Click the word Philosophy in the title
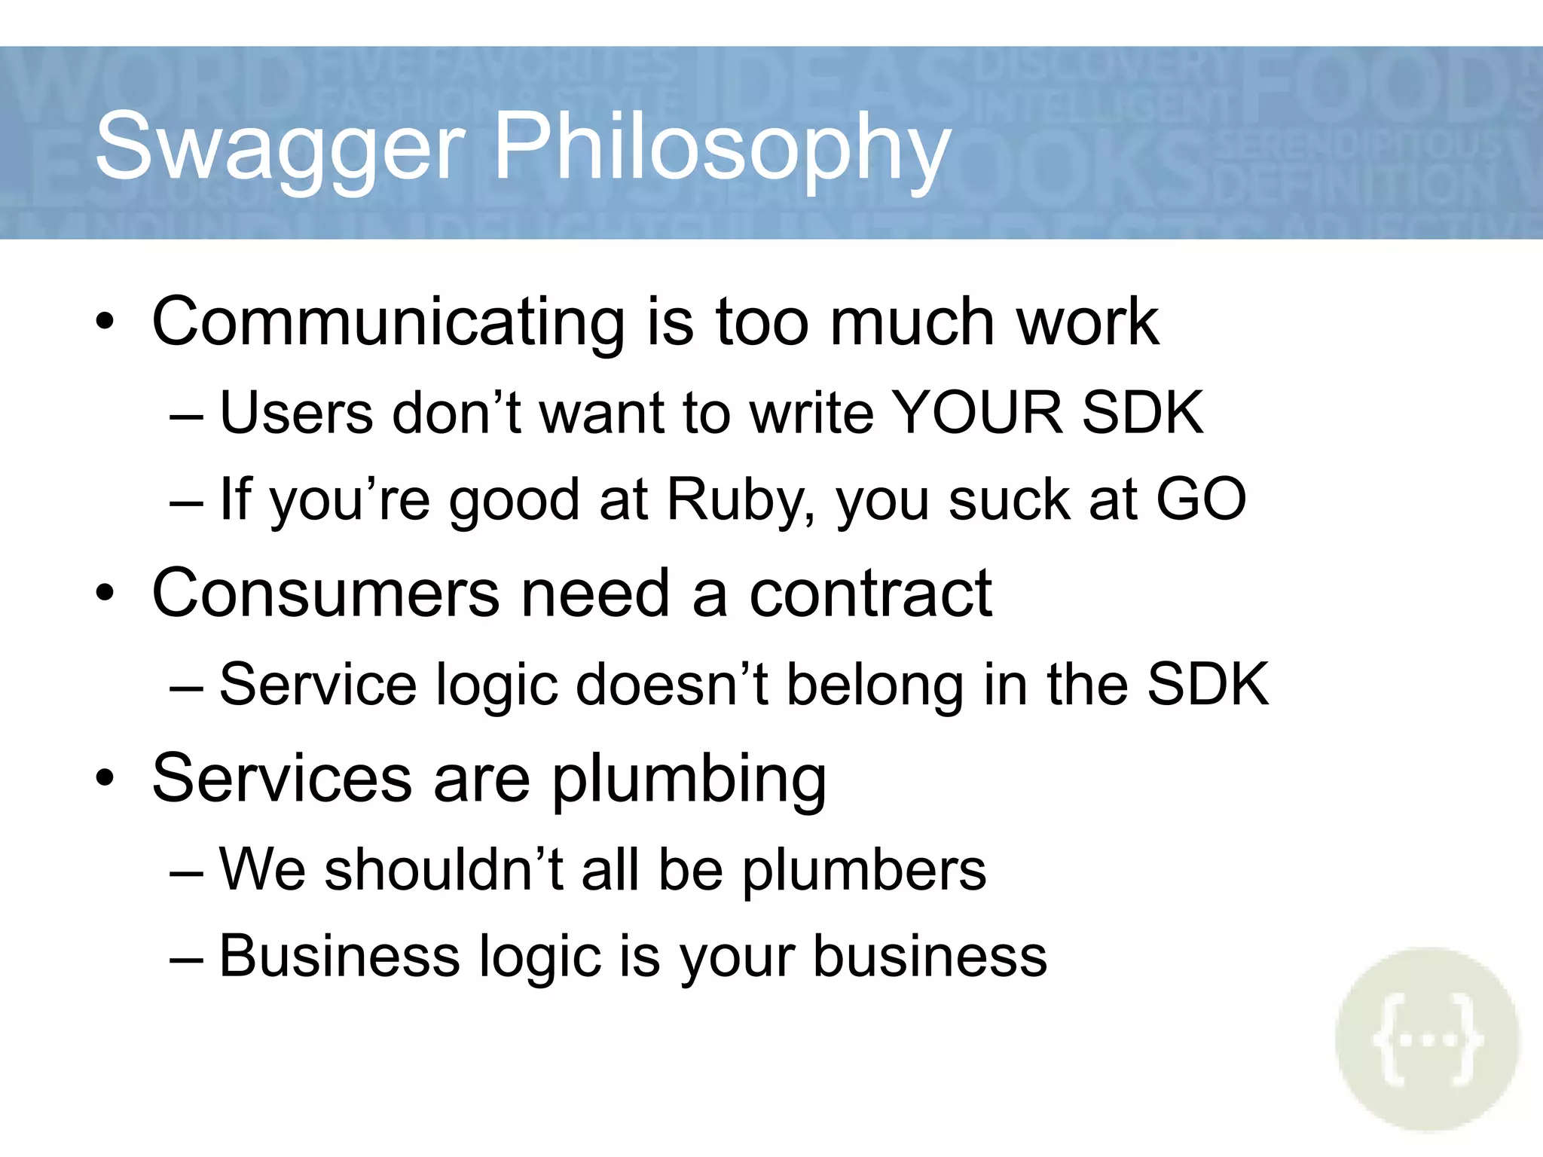click(x=722, y=147)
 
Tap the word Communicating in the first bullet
click(x=388, y=322)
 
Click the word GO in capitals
click(x=1201, y=499)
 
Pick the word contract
click(x=870, y=594)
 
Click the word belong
click(x=875, y=685)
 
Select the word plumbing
click(x=689, y=780)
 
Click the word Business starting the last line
click(x=339, y=957)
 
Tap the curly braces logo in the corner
click(x=1427, y=1039)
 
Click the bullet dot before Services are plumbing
click(x=105, y=779)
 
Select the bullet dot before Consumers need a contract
click(x=105, y=594)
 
